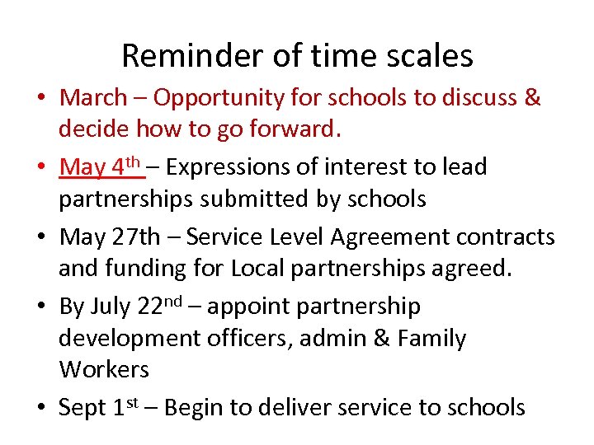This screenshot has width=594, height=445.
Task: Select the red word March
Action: point(93,97)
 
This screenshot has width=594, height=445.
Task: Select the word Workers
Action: point(104,369)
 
